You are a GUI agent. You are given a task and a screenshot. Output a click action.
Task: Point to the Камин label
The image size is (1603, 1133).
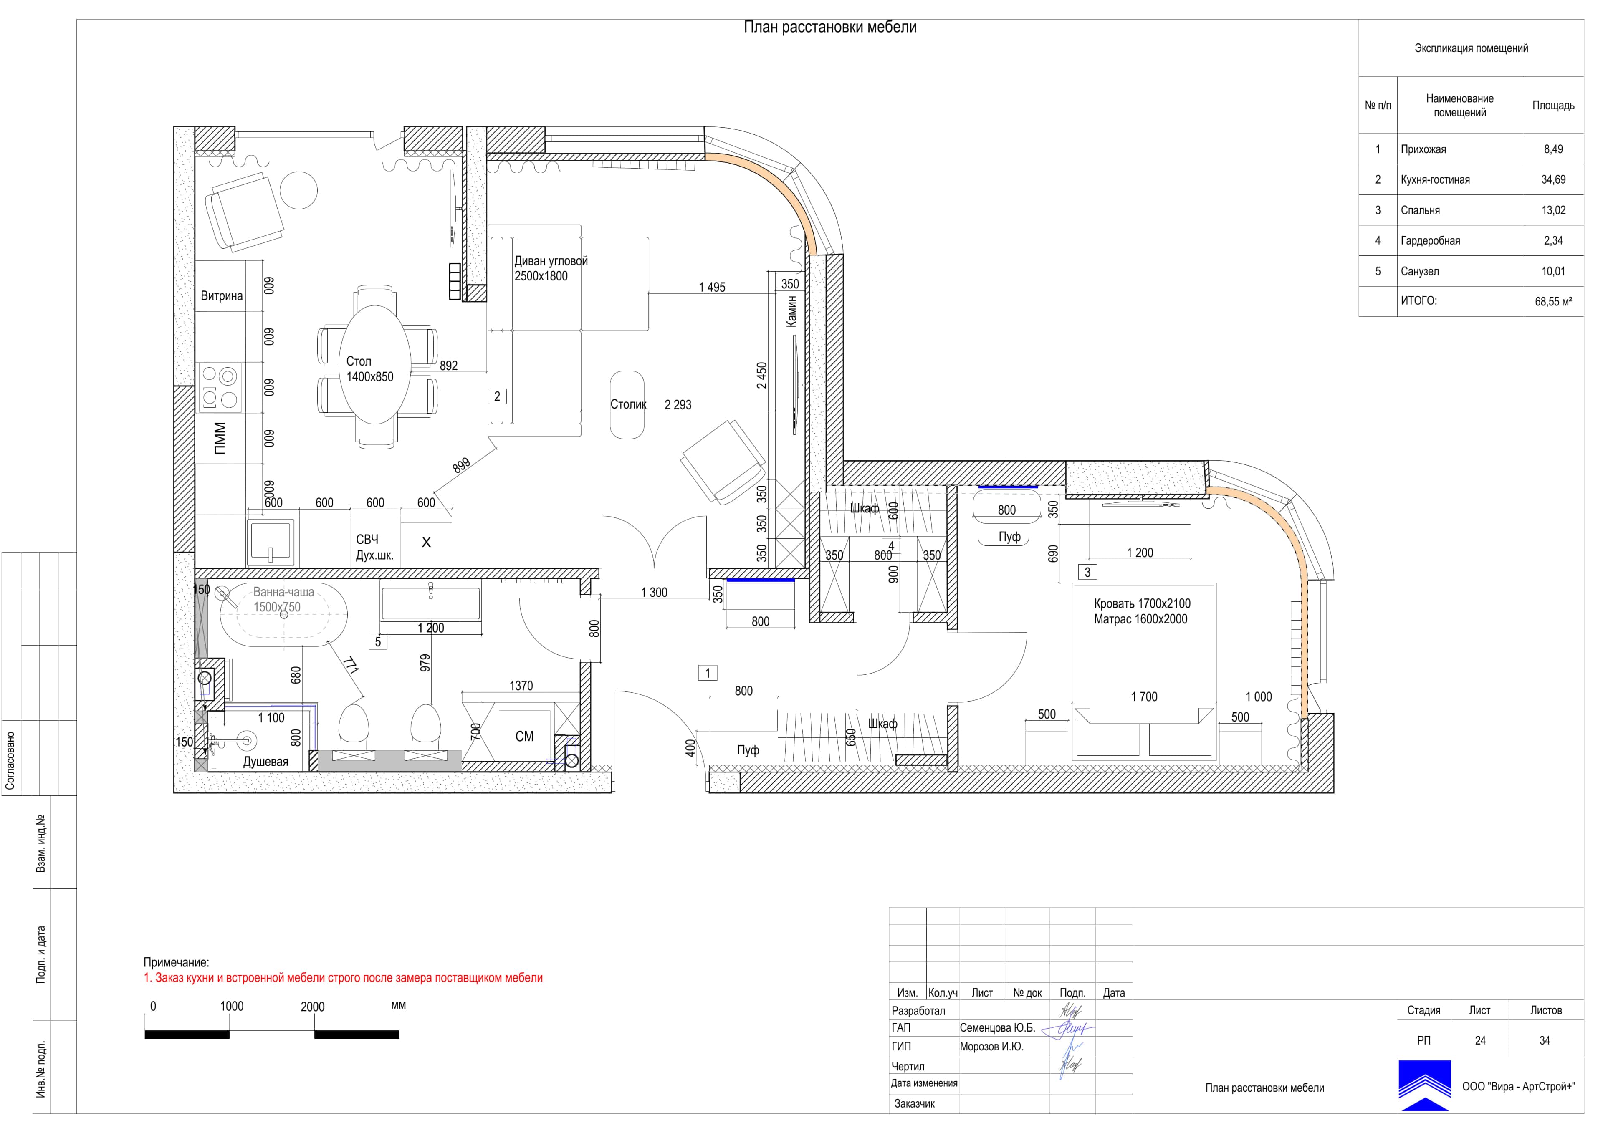(791, 310)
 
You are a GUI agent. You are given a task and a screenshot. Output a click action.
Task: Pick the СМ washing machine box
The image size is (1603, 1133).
(524, 737)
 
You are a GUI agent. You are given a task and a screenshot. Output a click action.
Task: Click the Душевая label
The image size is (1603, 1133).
(265, 762)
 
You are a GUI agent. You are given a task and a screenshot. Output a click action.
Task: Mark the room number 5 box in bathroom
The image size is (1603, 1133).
(378, 641)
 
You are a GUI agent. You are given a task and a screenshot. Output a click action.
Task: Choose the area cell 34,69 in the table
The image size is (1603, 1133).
(1553, 179)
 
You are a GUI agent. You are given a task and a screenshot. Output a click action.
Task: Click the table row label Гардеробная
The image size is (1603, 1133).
(1430, 241)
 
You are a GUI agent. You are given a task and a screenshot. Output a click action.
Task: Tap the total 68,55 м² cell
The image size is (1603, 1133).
(1553, 302)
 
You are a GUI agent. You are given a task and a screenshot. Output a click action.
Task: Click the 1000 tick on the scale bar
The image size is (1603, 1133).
(231, 1006)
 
